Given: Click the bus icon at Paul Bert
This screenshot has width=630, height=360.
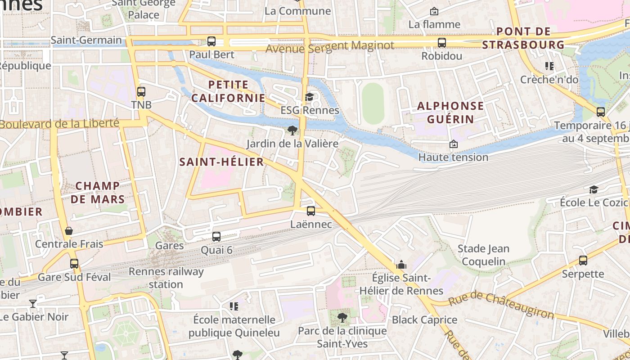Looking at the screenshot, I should [211, 41].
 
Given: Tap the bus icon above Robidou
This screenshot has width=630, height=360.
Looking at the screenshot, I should [442, 43].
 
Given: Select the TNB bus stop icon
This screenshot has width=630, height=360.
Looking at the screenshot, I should [141, 92].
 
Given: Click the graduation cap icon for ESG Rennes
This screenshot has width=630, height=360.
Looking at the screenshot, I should [309, 97].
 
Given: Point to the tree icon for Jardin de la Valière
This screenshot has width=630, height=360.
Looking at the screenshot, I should [292, 130].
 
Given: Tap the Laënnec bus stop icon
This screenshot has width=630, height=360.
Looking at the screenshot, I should [310, 211].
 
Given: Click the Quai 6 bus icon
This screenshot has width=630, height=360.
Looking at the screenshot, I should [216, 236].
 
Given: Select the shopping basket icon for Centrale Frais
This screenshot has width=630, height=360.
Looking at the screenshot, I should [69, 231].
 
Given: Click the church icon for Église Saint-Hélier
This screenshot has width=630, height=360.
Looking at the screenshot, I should [401, 265].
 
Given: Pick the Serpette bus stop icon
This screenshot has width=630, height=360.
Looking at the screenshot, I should [583, 260].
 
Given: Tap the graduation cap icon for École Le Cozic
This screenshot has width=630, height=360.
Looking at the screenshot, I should [594, 189].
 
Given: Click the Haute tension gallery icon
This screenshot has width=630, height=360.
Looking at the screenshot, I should [453, 144].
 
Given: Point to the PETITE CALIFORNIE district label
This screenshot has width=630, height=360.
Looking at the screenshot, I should [228, 91].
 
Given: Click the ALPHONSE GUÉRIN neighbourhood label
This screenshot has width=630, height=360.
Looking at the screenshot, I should [450, 112].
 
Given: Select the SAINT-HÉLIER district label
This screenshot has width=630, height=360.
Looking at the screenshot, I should [221, 162].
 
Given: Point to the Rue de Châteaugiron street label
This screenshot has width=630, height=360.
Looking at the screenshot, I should [501, 305].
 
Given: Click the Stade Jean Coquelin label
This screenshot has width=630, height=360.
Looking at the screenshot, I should [483, 255].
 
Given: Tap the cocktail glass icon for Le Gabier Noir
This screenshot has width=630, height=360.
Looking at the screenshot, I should [32, 303].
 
